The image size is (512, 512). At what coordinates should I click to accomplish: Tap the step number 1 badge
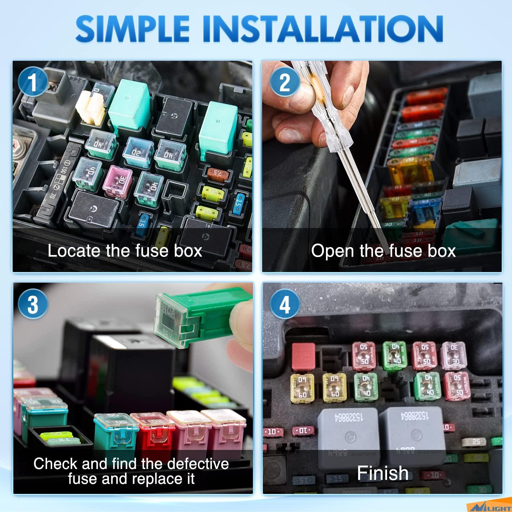[x=32, y=82]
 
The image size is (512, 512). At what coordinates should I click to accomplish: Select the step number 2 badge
[x=284, y=82]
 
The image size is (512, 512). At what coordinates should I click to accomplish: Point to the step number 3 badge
[x=33, y=304]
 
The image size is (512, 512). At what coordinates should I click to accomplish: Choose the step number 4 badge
[x=284, y=304]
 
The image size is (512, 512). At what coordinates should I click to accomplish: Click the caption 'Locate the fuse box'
[x=125, y=251]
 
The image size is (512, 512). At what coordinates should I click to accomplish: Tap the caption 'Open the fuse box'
[x=383, y=251]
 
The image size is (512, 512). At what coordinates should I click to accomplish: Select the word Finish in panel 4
[x=383, y=473]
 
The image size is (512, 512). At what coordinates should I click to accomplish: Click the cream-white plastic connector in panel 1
[x=90, y=108]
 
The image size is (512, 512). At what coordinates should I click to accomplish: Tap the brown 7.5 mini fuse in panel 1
[x=217, y=173]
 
